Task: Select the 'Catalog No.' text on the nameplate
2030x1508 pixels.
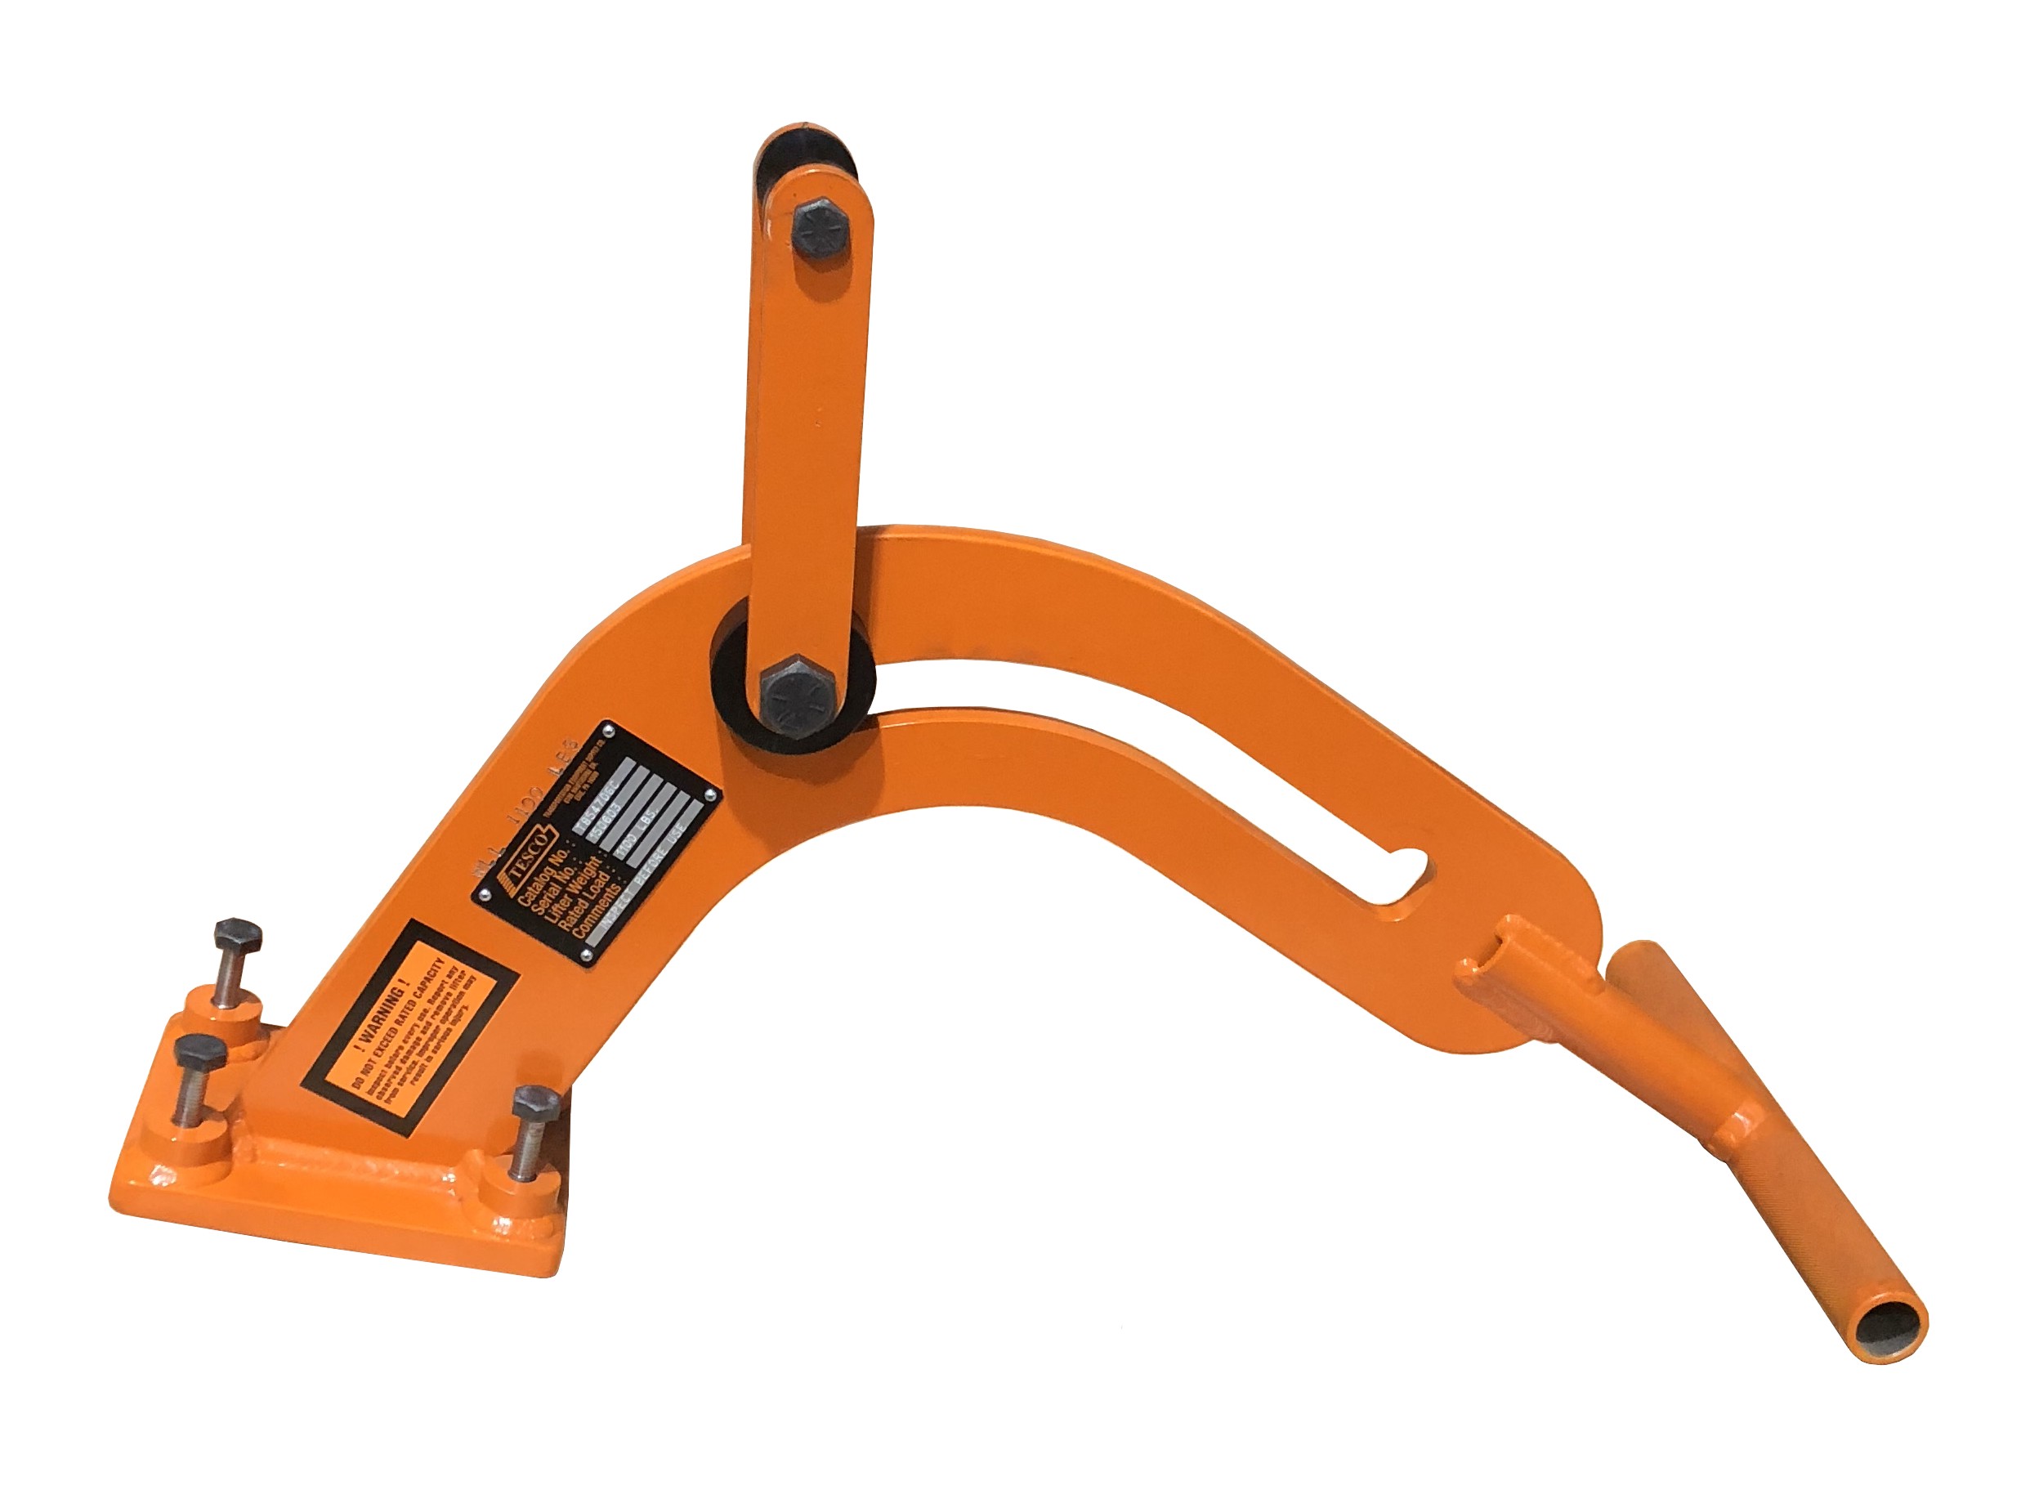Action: click(544, 875)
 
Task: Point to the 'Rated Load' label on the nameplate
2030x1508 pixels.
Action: click(584, 904)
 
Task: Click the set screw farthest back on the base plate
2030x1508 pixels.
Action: click(237, 940)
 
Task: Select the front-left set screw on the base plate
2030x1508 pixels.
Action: click(200, 1059)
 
